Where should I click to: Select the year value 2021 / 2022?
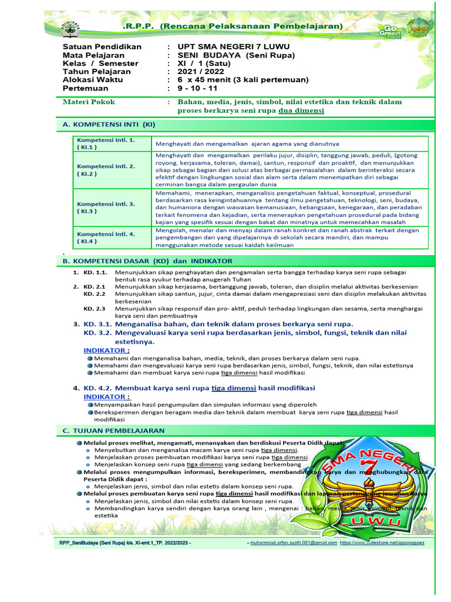pyautogui.click(x=200, y=71)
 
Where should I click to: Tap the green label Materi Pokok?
pyautogui.click(x=89, y=102)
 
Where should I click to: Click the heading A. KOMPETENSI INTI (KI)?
pyautogui.click(x=109, y=125)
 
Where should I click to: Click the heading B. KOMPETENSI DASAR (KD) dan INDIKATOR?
pyautogui.click(x=147, y=260)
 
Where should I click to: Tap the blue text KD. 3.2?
pyautogui.click(x=98, y=333)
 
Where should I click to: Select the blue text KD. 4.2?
pyautogui.click(x=98, y=388)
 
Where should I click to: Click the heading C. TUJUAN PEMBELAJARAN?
pyautogui.click(x=113, y=431)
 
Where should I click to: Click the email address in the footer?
pyautogui.click(x=294, y=543)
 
